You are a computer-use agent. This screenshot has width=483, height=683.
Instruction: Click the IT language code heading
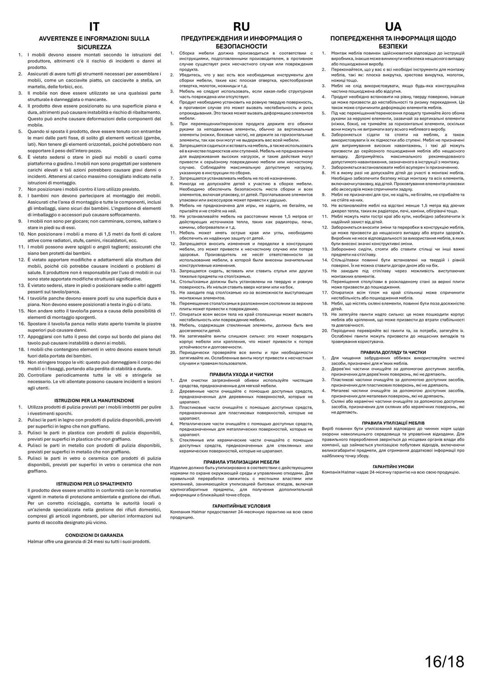(x=94, y=26)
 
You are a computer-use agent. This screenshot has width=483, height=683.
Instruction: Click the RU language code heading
(x=241, y=26)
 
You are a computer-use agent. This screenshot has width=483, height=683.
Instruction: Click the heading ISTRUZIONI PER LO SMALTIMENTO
(x=94, y=484)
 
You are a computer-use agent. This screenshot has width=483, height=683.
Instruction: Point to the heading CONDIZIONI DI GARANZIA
(x=94, y=535)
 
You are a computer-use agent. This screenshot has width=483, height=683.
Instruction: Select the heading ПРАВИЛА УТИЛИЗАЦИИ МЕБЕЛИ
(x=241, y=462)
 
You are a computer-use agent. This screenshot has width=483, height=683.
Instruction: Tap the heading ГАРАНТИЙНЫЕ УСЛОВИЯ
(x=241, y=506)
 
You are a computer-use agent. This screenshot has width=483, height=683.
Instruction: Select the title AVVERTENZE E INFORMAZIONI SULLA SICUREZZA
(x=94, y=42)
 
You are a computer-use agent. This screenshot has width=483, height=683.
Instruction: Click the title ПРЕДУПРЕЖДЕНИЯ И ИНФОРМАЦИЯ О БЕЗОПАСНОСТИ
(x=241, y=42)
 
